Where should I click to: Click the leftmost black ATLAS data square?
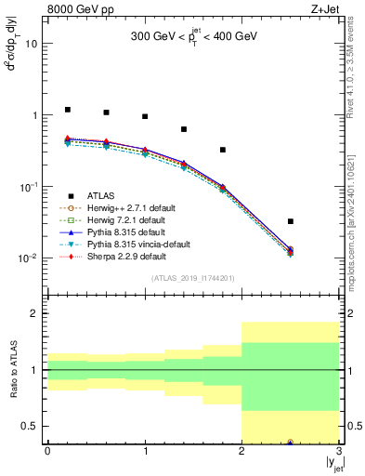[67, 110]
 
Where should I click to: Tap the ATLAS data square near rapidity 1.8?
[223, 150]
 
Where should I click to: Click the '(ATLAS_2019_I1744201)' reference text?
[192, 278]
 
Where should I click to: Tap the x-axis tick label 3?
[339, 451]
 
